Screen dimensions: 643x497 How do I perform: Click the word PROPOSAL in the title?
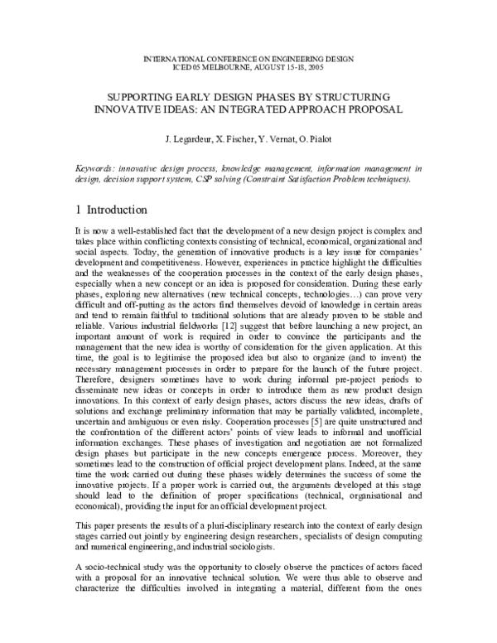click(x=372, y=109)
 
